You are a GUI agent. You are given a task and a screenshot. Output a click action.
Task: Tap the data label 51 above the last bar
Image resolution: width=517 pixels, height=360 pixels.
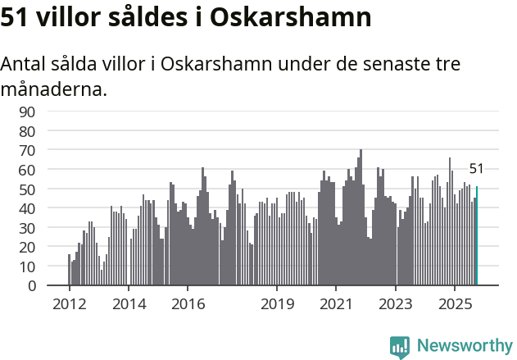[476, 169]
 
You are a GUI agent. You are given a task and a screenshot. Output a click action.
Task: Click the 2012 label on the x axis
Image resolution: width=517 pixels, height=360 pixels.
[69, 303]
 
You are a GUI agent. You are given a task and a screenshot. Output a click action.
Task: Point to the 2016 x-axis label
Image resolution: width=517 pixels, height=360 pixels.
[188, 303]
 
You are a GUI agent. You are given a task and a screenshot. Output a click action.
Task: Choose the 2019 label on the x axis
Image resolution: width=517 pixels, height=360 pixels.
[277, 303]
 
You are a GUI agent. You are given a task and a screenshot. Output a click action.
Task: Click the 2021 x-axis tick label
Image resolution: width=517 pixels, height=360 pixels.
[336, 303]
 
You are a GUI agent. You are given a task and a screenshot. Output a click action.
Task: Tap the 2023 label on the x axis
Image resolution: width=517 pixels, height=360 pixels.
[396, 303]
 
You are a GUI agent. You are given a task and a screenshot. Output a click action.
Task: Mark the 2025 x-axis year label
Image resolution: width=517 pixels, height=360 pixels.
[455, 303]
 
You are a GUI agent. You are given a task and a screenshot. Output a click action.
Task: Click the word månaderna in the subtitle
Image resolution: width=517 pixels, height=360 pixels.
[54, 89]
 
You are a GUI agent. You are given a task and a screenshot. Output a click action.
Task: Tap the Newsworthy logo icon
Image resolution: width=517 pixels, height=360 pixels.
[400, 346]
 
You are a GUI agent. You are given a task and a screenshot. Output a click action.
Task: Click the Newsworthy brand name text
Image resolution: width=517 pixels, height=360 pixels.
[464, 346]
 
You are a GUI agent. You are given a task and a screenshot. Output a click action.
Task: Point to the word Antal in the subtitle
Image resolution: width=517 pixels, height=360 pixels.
[25, 64]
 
